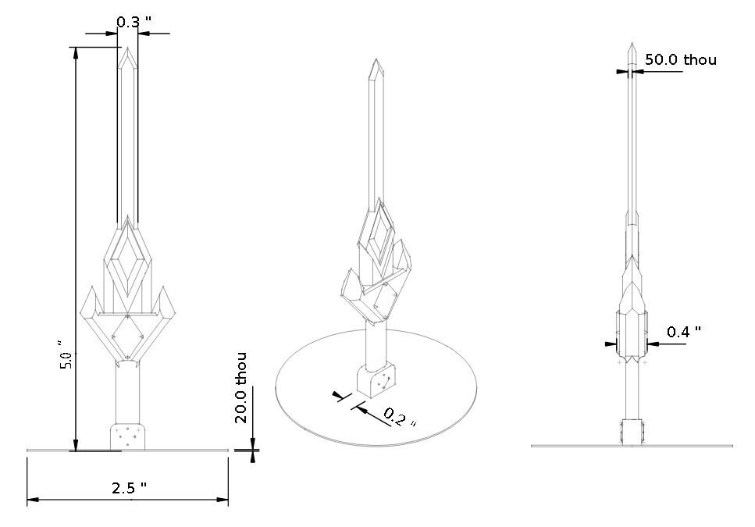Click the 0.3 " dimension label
129,22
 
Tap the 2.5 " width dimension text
129,488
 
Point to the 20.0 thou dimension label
242,388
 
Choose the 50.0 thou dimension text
680,59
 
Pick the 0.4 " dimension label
683,331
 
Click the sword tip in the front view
128,48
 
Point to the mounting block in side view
632,432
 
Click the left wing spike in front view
89,301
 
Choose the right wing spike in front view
166,301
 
